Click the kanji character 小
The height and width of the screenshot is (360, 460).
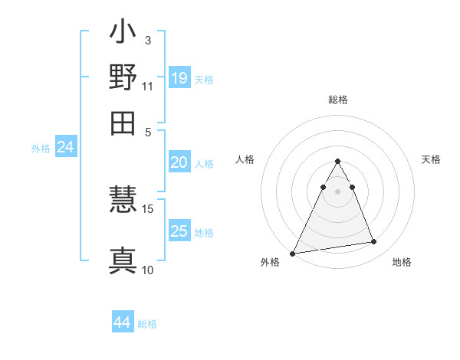pyautogui.click(x=123, y=34)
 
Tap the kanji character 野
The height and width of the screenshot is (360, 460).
pyautogui.click(x=123, y=78)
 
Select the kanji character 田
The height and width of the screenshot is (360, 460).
pyautogui.click(x=123, y=122)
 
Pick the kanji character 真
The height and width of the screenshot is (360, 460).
pyautogui.click(x=123, y=260)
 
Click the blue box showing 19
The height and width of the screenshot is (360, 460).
pyautogui.click(x=179, y=78)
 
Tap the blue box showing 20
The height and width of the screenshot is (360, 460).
pyautogui.click(x=179, y=162)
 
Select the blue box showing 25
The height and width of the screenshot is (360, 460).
pyautogui.click(x=179, y=231)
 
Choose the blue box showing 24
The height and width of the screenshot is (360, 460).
pyautogui.click(x=65, y=148)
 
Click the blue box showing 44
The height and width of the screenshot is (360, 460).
pyautogui.click(x=123, y=322)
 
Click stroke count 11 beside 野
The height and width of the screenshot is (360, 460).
pyautogui.click(x=148, y=86)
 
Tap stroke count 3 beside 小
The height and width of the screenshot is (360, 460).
pyautogui.click(x=148, y=40)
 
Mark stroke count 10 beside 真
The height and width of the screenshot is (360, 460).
pyautogui.click(x=148, y=270)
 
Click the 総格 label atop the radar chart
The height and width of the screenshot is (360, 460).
pyautogui.click(x=338, y=100)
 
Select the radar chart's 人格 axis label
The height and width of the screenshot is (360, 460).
pyautogui.click(x=245, y=159)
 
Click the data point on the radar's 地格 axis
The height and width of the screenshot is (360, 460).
pyautogui.click(x=374, y=242)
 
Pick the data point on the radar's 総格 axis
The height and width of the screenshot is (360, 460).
pyautogui.click(x=338, y=161)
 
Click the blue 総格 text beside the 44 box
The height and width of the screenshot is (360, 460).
pyautogui.click(x=147, y=324)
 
